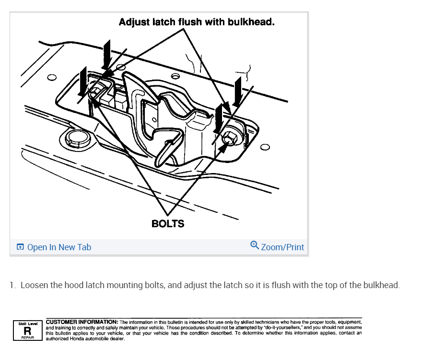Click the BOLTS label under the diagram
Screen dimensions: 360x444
167,223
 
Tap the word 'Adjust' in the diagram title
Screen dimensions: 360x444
134,22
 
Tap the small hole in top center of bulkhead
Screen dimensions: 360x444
175,76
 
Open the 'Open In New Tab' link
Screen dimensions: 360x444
59,247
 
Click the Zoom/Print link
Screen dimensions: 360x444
282,247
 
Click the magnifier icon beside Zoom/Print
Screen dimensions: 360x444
255,245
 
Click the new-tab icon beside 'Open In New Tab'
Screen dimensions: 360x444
20,247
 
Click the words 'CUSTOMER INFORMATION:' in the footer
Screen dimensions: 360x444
82,322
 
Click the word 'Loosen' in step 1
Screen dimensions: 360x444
34,285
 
